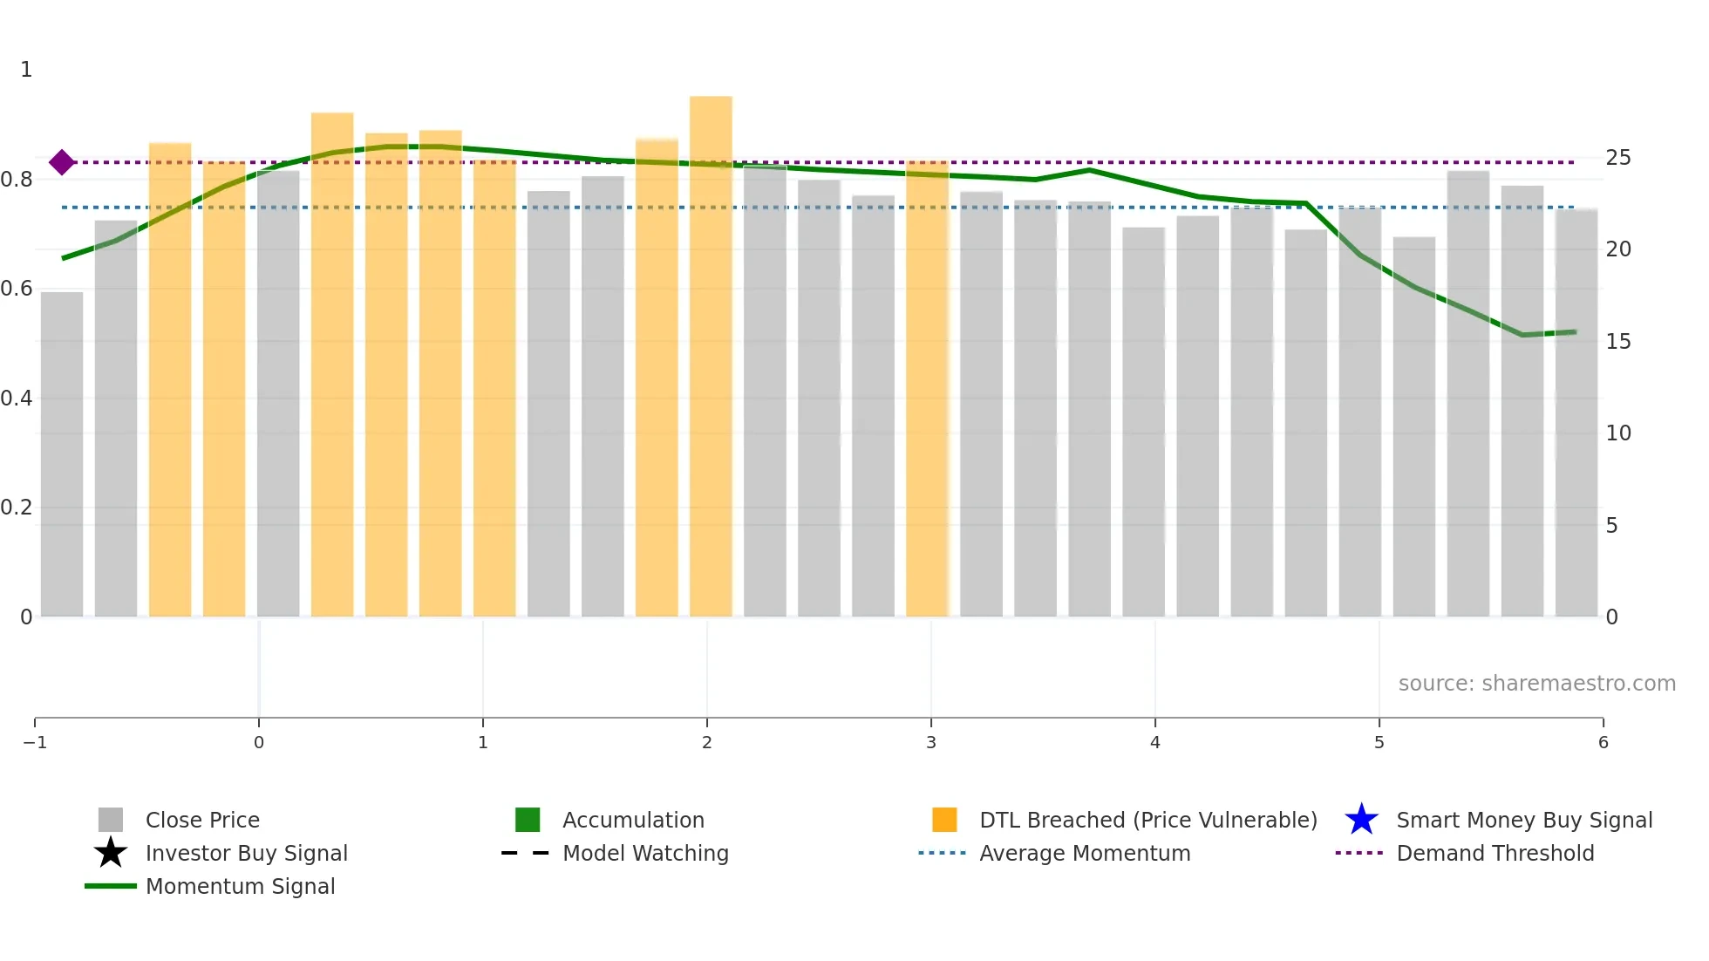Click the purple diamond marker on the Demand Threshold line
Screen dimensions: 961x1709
point(61,162)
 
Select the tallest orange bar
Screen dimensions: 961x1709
point(711,358)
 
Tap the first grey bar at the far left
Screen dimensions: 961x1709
point(62,453)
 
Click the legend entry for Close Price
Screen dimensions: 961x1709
point(202,820)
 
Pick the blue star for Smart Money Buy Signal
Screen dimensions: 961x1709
point(1361,820)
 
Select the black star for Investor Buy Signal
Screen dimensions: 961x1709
point(111,853)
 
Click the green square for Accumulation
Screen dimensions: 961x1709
point(528,820)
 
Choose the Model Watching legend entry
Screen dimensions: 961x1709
point(645,853)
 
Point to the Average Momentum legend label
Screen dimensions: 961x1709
point(1085,853)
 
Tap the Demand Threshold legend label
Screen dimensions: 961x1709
point(1495,853)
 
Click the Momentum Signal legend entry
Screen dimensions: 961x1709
point(240,886)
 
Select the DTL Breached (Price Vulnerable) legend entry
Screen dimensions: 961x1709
point(1147,820)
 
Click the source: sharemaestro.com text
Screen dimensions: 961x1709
point(1536,683)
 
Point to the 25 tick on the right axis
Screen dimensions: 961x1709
point(1618,158)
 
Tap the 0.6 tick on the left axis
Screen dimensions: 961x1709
point(17,289)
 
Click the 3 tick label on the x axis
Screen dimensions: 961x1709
point(931,742)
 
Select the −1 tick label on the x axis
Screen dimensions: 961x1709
point(35,742)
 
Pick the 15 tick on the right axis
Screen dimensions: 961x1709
point(1618,342)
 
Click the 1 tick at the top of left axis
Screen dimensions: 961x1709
point(26,70)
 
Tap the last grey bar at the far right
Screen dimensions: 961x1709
point(1576,414)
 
